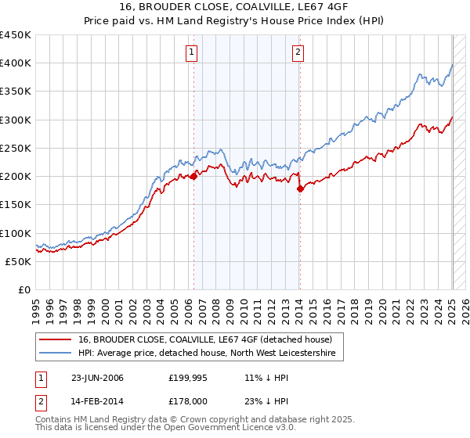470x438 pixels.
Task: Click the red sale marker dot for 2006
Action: [x=193, y=176]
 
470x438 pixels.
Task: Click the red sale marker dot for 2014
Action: [x=300, y=188]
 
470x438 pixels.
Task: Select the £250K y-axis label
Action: [x=16, y=148]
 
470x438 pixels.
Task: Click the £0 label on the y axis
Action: [x=23, y=289]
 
